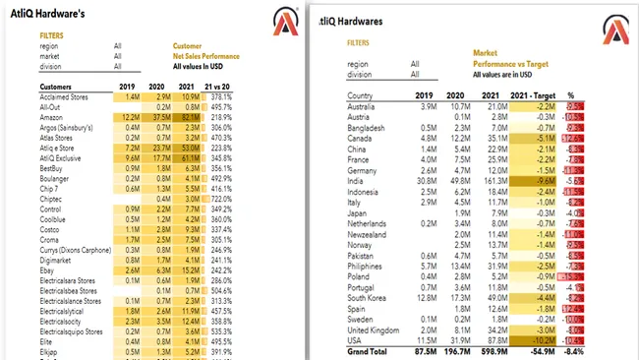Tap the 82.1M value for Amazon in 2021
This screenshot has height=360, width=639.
(189, 116)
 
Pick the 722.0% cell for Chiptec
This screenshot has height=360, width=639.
(217, 200)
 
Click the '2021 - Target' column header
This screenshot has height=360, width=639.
(536, 95)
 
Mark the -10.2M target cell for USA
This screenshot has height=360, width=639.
(543, 339)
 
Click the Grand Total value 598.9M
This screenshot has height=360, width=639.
(493, 351)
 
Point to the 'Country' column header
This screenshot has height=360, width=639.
(360, 95)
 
